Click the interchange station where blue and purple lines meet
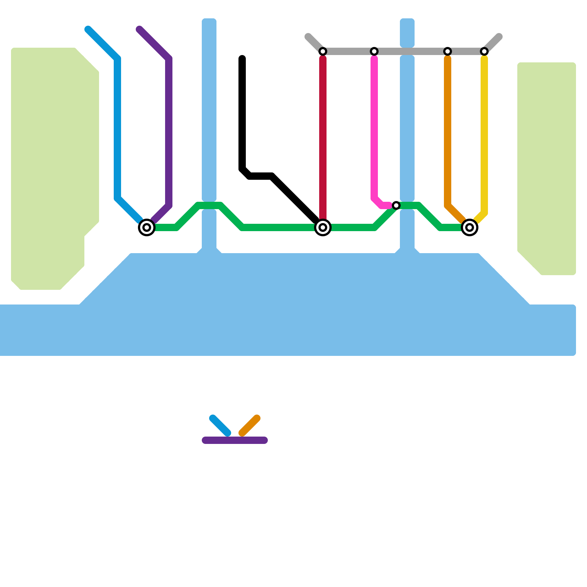[x=147, y=227]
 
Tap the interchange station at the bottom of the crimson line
[x=323, y=227]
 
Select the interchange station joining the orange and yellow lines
[x=470, y=227]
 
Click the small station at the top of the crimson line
[x=323, y=51]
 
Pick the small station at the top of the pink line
[x=374, y=51]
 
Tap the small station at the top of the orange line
[x=448, y=51]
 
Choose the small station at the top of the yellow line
[x=484, y=51]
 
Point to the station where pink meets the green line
[x=396, y=205]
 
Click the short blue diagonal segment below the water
[x=220, y=426]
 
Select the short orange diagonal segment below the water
[x=249, y=426]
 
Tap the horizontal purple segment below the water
[x=235, y=440]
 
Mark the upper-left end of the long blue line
[x=88, y=29]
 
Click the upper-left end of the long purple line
[x=139, y=29]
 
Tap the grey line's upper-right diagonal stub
[x=493, y=43]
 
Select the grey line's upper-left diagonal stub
[x=314, y=43]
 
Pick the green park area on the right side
[x=547, y=165]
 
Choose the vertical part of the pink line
[x=374, y=128]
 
